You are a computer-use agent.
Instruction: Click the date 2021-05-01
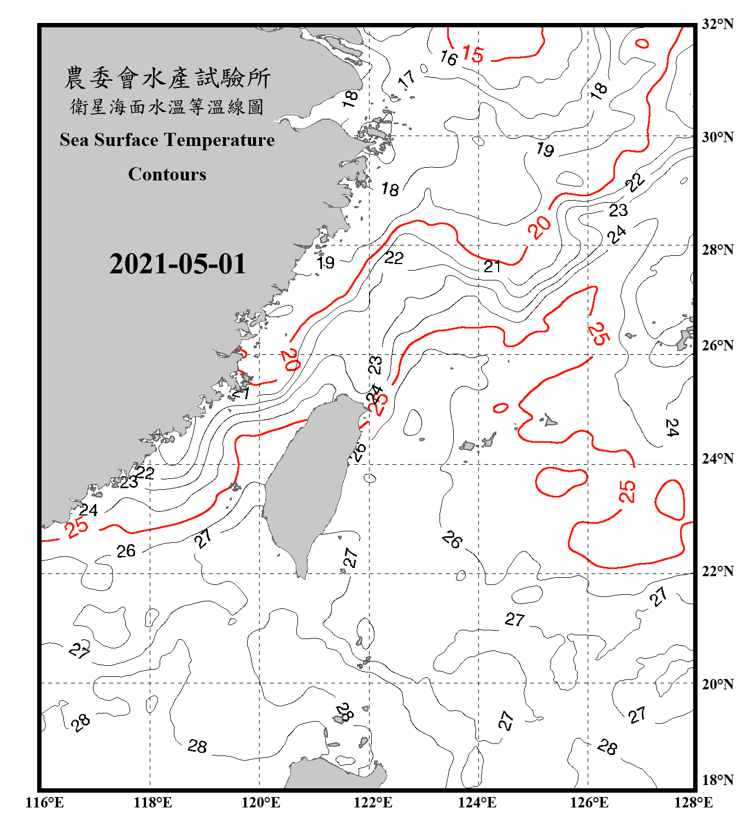[x=178, y=263]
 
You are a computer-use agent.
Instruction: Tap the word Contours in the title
[x=167, y=174]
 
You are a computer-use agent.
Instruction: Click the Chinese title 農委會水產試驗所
[x=167, y=78]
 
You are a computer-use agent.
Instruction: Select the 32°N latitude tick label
[x=717, y=24]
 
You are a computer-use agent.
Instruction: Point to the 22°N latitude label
[x=717, y=571]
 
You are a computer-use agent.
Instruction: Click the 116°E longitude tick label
[x=45, y=803]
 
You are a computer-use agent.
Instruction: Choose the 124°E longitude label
[x=477, y=803]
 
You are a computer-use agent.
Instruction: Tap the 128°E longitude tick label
[x=693, y=803]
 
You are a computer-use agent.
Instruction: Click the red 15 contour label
[x=473, y=54]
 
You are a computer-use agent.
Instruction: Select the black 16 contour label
[x=448, y=57]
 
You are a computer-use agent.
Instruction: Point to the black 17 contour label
[x=407, y=79]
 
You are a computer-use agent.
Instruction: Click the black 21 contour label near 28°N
[x=492, y=266]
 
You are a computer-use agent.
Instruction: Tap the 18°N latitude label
[x=717, y=780]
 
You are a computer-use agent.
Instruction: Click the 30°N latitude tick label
[x=717, y=137]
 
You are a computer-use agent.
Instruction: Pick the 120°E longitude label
[x=261, y=803]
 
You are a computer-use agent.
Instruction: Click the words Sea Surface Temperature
[x=167, y=140]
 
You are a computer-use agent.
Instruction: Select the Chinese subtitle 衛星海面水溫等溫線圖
[x=167, y=107]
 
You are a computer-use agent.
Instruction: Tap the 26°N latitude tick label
[x=717, y=345]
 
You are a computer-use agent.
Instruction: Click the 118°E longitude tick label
[x=153, y=803]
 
